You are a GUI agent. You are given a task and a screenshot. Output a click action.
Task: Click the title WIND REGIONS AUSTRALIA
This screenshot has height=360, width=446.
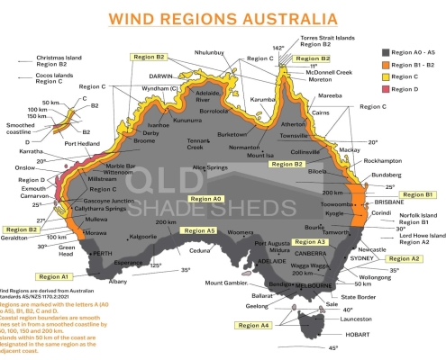[223, 18]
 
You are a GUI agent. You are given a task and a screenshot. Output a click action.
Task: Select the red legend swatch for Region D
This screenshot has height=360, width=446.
[362, 89]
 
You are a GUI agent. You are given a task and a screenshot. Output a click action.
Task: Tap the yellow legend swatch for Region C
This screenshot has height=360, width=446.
[362, 76]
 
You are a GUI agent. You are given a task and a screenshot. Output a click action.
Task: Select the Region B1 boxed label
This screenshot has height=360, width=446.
[417, 194]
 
